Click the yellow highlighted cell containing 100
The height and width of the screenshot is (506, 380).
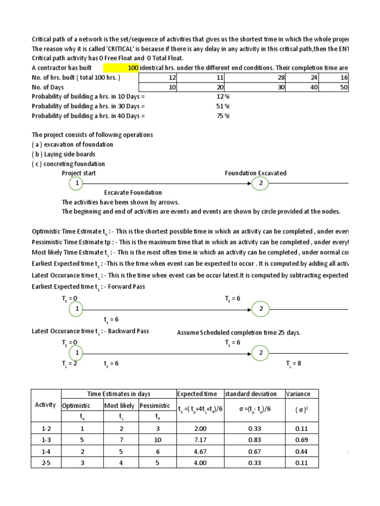pos(121,67)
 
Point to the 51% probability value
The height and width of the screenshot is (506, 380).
pos(223,106)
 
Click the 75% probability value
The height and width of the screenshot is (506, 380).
pos(223,116)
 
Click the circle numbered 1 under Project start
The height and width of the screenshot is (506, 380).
pos(76,183)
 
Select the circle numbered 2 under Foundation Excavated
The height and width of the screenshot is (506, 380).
pos(260,183)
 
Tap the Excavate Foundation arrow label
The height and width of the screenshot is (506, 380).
pos(133,192)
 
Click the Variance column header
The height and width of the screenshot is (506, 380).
pos(298,394)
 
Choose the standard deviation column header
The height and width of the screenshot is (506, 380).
pos(251,394)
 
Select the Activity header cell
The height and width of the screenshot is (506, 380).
pos(46,405)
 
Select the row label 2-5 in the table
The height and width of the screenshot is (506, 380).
pos(46,463)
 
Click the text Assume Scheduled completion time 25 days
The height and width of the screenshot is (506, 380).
pos(238,333)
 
